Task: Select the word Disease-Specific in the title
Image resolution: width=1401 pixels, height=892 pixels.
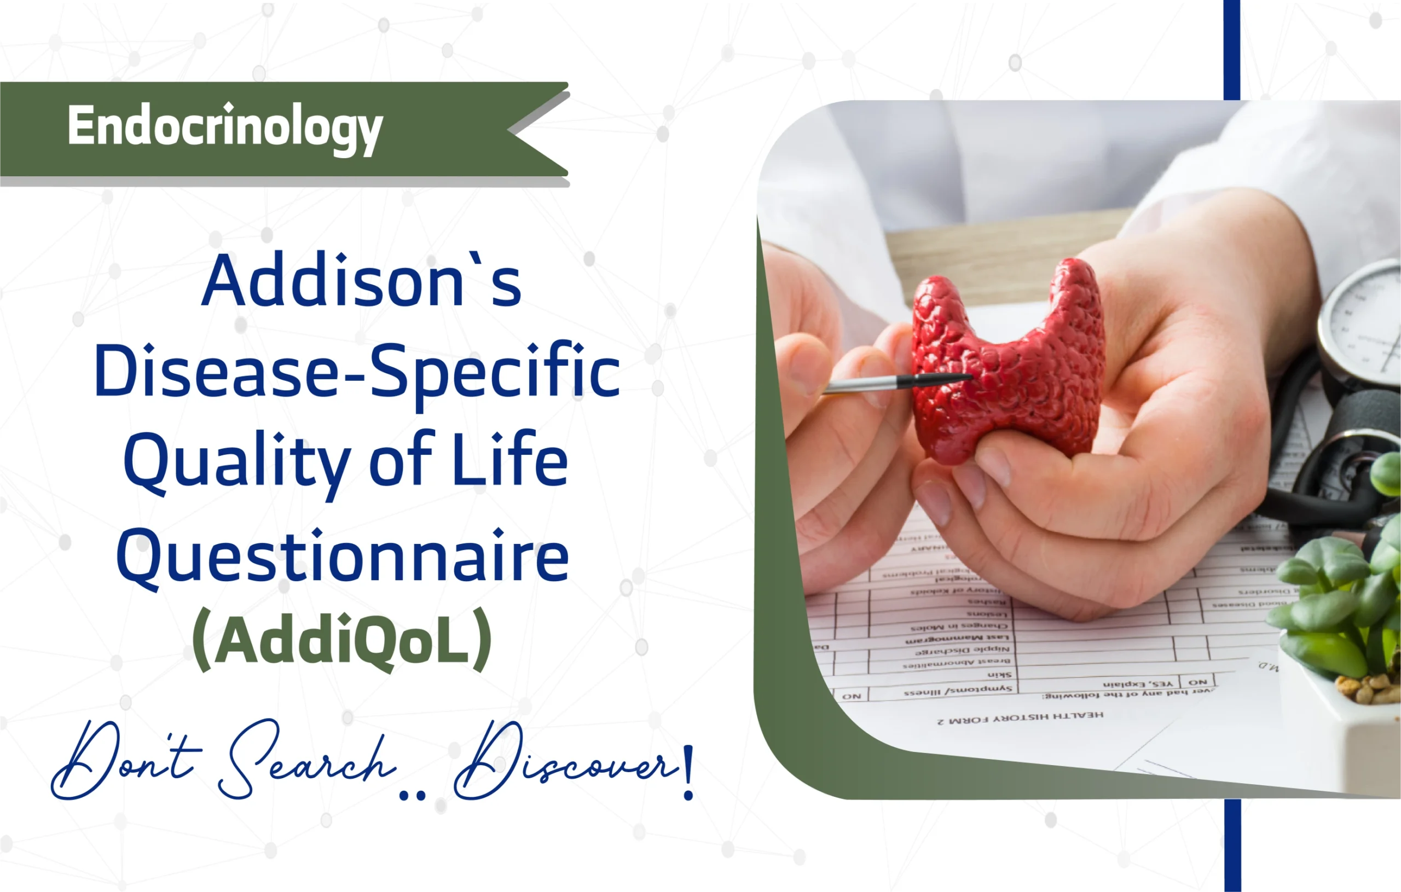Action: point(356,371)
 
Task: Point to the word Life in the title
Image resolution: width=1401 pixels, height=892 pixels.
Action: point(510,460)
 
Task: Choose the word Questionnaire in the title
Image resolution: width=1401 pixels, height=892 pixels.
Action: point(342,557)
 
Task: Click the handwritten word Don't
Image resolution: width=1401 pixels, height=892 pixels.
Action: point(125,760)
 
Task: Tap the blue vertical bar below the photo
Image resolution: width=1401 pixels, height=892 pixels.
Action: point(1232,845)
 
